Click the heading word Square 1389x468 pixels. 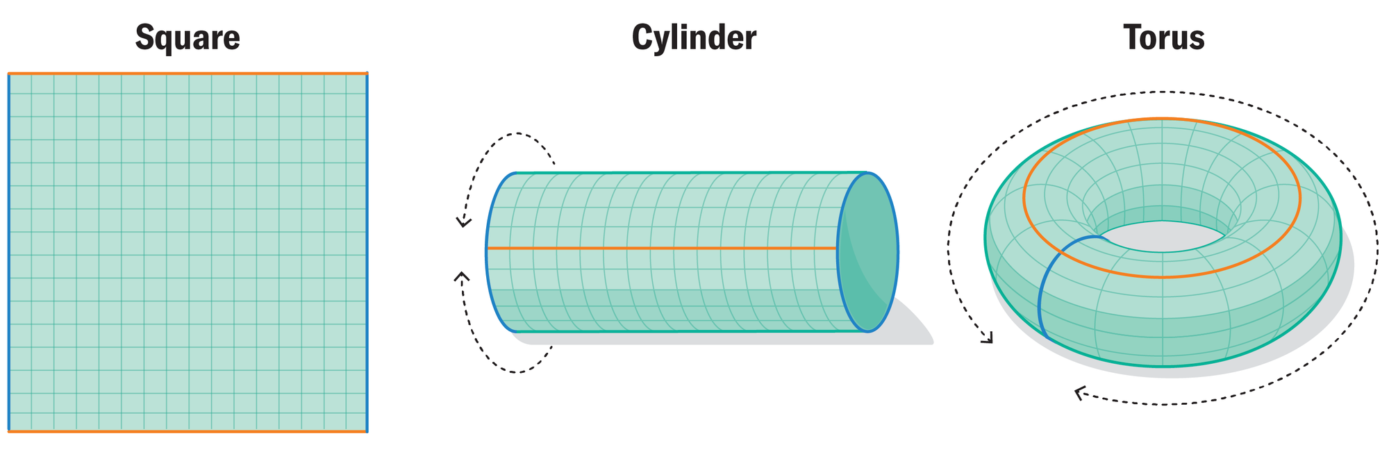(x=188, y=37)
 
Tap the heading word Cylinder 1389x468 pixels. (x=694, y=37)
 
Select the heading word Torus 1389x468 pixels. (x=1164, y=37)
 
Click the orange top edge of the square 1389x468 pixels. (x=188, y=73)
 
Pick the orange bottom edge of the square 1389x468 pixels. (x=188, y=431)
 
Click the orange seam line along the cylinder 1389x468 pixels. (x=660, y=248)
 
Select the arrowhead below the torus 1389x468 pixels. (x=1079, y=394)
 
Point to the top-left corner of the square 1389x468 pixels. (x=9, y=73)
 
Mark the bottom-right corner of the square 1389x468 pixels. (x=367, y=431)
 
